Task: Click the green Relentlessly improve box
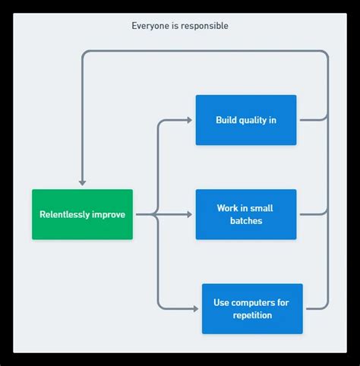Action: [x=82, y=214]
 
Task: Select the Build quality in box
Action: [x=245, y=120]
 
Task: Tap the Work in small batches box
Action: [x=245, y=214]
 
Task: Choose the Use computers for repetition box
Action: [x=251, y=308]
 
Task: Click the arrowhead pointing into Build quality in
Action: [x=189, y=120]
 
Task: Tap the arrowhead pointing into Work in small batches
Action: [x=189, y=214]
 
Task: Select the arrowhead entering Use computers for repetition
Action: [x=195, y=308]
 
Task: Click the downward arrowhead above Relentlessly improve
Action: [x=82, y=183]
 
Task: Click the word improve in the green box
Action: [x=109, y=214]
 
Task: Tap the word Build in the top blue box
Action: [x=227, y=120]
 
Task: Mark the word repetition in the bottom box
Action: [x=251, y=315]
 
